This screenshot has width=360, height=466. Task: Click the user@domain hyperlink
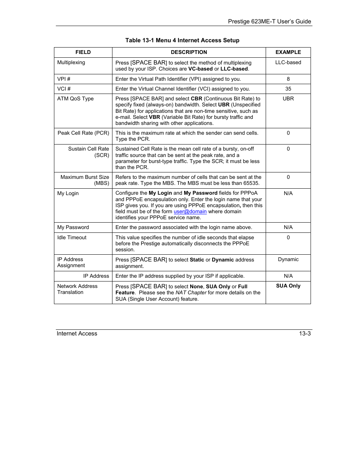(x=190, y=212)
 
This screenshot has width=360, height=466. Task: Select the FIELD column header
(x=83, y=52)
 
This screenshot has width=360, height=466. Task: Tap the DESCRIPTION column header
(x=189, y=52)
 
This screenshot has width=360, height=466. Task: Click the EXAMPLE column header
(x=288, y=52)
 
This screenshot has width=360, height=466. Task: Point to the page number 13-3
(x=305, y=334)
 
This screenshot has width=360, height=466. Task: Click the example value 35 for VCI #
(x=288, y=89)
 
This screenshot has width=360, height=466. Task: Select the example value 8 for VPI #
(x=288, y=79)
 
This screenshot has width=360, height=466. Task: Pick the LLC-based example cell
(x=288, y=63)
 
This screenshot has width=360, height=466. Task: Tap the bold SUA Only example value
(x=288, y=286)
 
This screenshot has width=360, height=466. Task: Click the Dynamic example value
(x=288, y=260)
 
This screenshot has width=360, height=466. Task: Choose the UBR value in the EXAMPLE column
(x=288, y=99)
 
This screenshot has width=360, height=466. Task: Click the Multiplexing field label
(x=71, y=63)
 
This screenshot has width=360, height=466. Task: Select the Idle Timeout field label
(x=72, y=238)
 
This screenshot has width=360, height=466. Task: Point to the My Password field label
(x=73, y=228)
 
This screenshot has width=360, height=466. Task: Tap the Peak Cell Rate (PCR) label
(x=83, y=133)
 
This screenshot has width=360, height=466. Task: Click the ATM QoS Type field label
(x=75, y=99)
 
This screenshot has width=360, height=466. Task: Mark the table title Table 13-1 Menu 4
(x=182, y=40)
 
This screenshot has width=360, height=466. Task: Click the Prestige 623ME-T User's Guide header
(x=269, y=22)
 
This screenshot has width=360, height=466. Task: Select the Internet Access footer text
(x=77, y=334)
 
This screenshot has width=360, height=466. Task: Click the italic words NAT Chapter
(x=191, y=293)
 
